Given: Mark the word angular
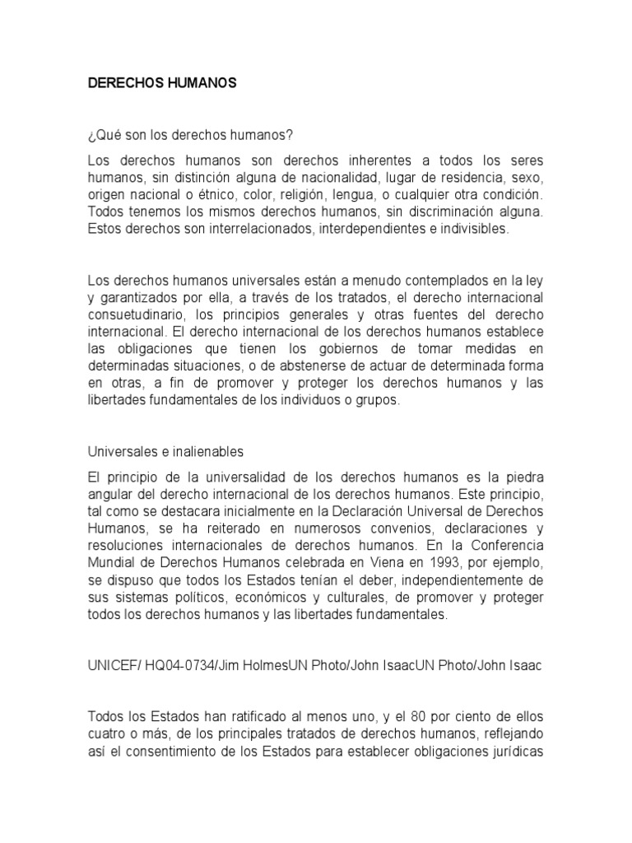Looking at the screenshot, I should click(113, 495).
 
